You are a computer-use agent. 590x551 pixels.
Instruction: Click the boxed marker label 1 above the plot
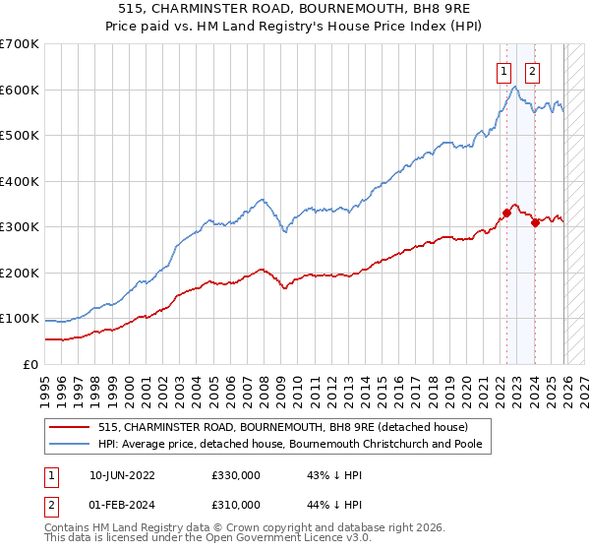click(x=503, y=70)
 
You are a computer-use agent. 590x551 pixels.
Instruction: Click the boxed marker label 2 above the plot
click(x=532, y=70)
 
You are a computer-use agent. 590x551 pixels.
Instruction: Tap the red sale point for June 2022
click(x=506, y=212)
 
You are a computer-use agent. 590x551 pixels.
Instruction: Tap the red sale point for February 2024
click(x=535, y=222)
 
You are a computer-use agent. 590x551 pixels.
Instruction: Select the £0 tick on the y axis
click(x=29, y=364)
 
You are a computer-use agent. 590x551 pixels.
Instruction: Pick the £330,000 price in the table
click(x=235, y=474)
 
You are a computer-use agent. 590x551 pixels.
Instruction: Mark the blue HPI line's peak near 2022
click(x=515, y=88)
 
